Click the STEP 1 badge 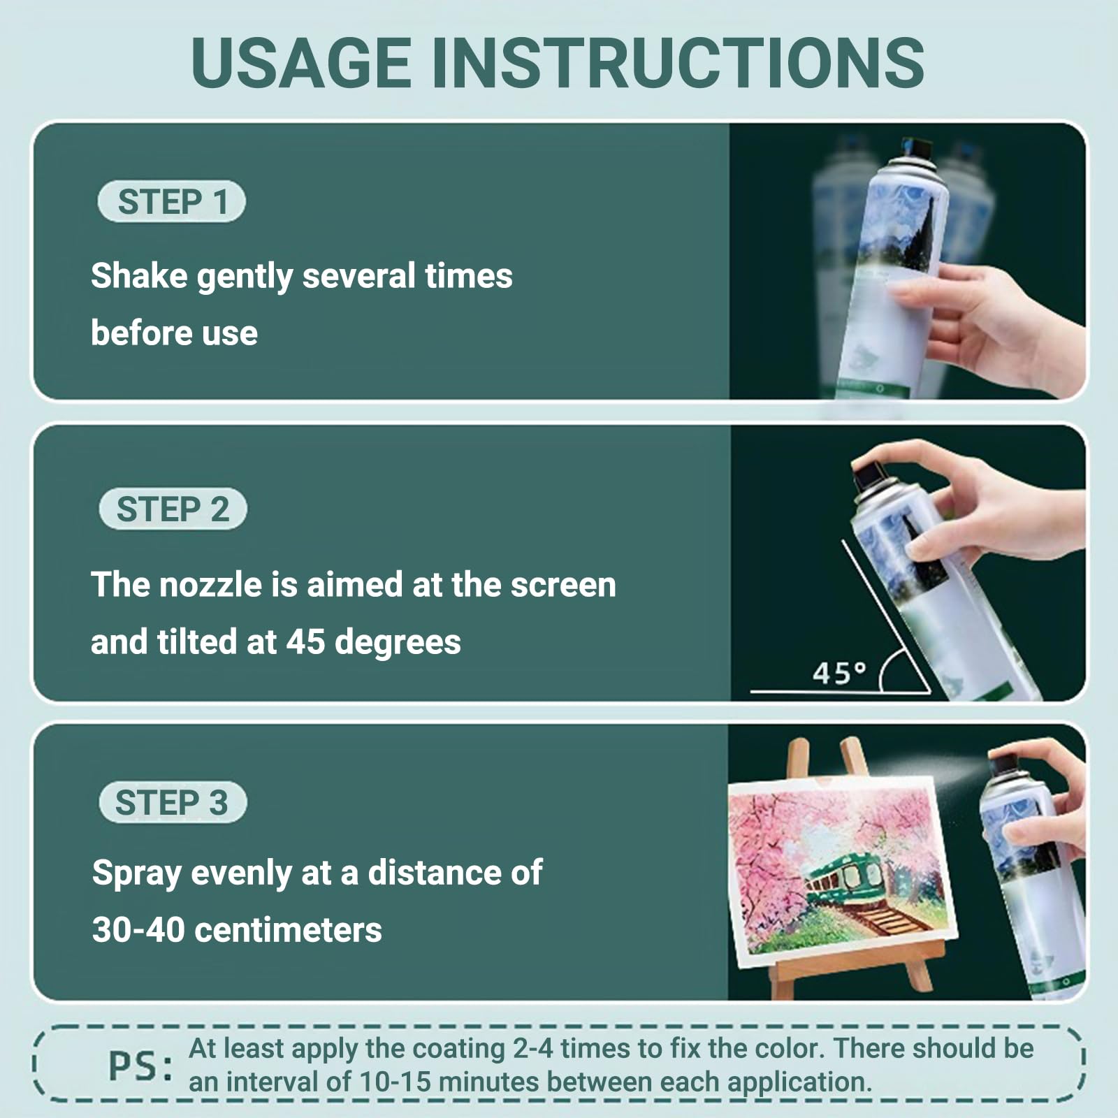tap(172, 202)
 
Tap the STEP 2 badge tap(173, 509)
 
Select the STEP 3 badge tap(173, 802)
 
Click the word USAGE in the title tap(301, 63)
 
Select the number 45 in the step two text tap(305, 641)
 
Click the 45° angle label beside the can tap(839, 673)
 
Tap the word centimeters tap(289, 930)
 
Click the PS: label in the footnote tap(140, 1066)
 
